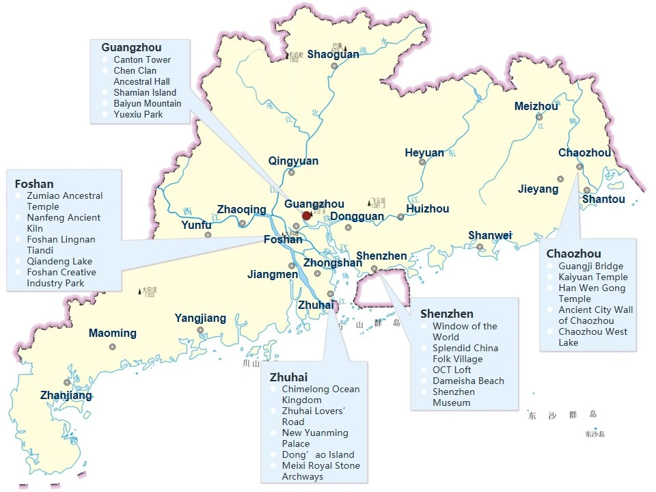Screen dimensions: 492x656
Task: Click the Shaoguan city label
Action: click(333, 54)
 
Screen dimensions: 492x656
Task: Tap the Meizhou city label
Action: click(536, 106)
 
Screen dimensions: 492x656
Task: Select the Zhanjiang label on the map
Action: click(66, 396)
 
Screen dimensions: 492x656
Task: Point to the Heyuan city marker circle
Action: click(422, 162)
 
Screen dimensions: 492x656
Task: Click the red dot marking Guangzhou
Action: click(307, 216)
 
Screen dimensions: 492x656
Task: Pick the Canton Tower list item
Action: click(142, 59)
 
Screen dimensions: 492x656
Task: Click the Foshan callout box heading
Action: click(34, 184)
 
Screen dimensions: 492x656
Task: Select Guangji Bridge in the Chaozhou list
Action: click(590, 266)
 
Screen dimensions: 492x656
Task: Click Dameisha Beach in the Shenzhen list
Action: click(468, 381)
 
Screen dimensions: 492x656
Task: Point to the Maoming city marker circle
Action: click(112, 346)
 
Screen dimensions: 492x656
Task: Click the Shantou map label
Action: click(603, 199)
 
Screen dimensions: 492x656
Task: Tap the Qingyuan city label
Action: click(293, 161)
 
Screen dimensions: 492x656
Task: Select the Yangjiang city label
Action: click(200, 318)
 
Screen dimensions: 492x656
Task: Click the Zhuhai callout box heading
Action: click(288, 377)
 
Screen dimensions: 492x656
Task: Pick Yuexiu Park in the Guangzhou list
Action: click(138, 114)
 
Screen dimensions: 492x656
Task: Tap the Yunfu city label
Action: click(196, 225)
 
